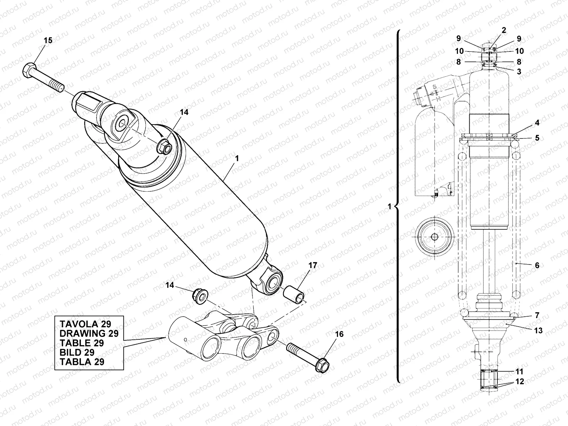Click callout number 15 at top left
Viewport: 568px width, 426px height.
coord(48,40)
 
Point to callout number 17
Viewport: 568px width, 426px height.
coord(313,266)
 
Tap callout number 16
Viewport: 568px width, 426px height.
coord(339,334)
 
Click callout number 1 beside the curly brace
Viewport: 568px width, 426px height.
coord(389,206)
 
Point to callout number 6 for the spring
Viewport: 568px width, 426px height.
coord(537,265)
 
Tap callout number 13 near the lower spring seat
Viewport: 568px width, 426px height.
coord(538,331)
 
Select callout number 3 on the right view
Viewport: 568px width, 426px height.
coord(519,72)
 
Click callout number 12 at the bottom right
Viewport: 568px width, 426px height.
coord(520,382)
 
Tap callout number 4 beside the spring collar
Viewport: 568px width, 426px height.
coord(537,123)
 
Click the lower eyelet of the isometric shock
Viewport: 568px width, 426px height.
coord(273,283)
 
